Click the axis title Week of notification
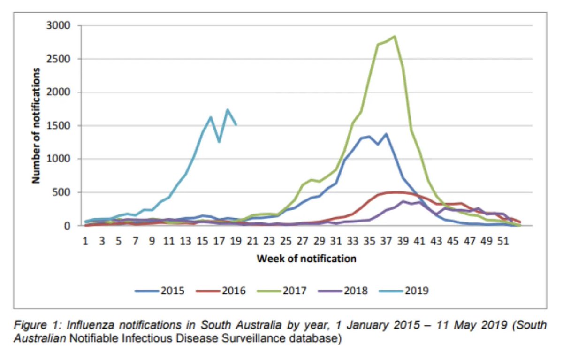click(x=306, y=259)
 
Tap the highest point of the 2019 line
click(x=228, y=110)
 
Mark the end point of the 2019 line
click(x=236, y=124)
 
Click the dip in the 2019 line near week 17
click(x=219, y=141)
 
